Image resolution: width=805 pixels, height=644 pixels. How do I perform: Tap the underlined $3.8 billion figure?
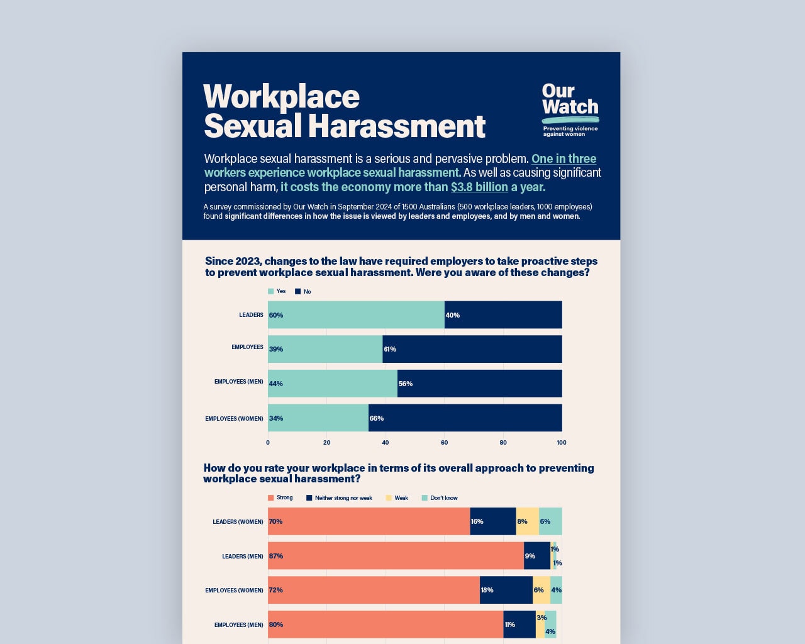tap(479, 187)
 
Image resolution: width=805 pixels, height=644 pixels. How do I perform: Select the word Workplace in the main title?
tap(281, 97)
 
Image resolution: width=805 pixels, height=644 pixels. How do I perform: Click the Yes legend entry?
tap(277, 291)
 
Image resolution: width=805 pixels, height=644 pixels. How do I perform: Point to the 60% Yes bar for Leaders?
tap(356, 314)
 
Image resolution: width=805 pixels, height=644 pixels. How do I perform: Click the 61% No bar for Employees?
tap(472, 349)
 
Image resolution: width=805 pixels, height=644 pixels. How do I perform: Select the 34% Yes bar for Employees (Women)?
tap(318, 418)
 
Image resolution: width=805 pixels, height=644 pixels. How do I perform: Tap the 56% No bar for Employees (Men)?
tap(479, 384)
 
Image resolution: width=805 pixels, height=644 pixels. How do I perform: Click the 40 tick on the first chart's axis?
tap(386, 442)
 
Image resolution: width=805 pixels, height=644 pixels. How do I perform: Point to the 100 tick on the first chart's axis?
tap(562, 442)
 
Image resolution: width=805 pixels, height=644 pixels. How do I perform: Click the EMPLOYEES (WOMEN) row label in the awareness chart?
tap(234, 418)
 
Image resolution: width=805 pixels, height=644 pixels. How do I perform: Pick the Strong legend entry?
tap(280, 497)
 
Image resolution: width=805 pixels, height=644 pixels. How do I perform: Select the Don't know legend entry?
tap(440, 497)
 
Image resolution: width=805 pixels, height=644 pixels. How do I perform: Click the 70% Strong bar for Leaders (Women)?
tap(369, 521)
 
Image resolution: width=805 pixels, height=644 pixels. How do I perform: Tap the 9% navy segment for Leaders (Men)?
tap(537, 556)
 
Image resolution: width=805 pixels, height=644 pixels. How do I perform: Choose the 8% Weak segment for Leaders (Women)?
tap(527, 521)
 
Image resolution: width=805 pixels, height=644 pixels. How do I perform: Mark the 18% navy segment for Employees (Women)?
tap(506, 590)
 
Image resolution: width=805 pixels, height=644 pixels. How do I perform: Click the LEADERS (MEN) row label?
tap(242, 556)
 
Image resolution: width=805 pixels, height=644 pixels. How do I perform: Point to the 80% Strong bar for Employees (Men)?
tap(386, 625)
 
